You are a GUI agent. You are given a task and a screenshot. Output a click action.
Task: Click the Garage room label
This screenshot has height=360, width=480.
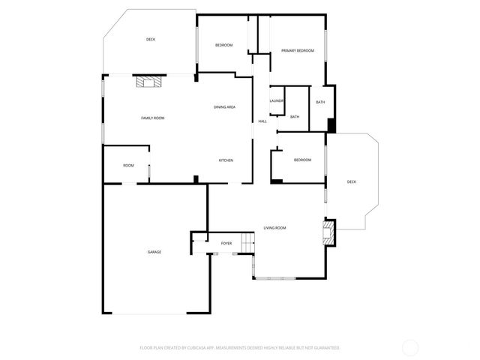point(154,252)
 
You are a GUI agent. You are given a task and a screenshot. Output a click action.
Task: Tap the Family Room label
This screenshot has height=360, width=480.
point(153,118)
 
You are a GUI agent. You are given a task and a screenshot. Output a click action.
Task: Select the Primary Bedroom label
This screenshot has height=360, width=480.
point(298,50)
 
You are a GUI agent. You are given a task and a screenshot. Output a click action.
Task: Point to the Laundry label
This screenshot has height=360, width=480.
point(277,100)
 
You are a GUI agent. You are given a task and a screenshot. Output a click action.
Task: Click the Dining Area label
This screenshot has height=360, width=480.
point(224,107)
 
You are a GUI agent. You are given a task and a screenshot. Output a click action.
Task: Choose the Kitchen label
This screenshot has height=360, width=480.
point(226,160)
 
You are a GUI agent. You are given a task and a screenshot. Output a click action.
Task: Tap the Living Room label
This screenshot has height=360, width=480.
point(274,227)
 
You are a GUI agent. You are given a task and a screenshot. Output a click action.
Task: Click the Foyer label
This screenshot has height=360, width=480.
point(226,244)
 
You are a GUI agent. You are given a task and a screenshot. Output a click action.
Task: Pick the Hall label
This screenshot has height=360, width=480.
point(262,121)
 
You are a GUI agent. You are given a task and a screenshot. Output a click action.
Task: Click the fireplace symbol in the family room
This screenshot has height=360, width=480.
point(148,82)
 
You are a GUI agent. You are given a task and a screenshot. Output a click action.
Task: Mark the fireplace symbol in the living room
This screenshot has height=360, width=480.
point(328,232)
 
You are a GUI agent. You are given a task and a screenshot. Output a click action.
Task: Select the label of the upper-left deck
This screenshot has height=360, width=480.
point(150,39)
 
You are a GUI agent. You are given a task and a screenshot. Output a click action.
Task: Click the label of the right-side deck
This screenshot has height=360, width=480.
point(352,181)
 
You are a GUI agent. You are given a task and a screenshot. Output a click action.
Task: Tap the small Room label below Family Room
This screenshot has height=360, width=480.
point(129,165)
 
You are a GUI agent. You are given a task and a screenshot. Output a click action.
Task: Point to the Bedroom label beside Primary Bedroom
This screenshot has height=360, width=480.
point(224,46)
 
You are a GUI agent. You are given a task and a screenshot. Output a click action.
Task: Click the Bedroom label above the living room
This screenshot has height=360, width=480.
point(302,160)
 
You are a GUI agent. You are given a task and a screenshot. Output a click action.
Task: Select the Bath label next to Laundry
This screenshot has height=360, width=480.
point(295,116)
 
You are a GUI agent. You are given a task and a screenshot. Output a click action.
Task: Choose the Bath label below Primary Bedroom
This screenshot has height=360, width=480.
point(320,102)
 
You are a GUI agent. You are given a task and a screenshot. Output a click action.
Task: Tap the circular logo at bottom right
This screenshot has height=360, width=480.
point(410,348)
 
